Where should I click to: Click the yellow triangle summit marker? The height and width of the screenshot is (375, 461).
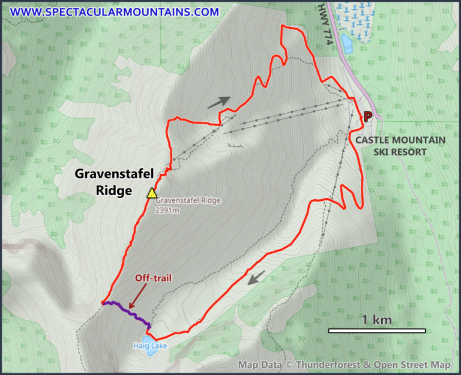click(x=152, y=193)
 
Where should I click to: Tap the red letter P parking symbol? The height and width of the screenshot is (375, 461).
click(x=368, y=116)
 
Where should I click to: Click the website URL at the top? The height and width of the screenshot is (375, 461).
click(x=114, y=11)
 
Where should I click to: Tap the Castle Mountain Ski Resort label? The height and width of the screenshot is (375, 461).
click(x=400, y=146)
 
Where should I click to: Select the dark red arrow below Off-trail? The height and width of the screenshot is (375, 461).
click(x=138, y=295)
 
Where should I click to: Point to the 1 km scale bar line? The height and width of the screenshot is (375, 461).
click(x=376, y=331)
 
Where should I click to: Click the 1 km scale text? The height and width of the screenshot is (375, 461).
click(x=377, y=320)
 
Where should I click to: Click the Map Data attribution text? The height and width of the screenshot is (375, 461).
click(x=344, y=365)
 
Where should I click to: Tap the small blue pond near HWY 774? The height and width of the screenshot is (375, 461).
click(x=347, y=43)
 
